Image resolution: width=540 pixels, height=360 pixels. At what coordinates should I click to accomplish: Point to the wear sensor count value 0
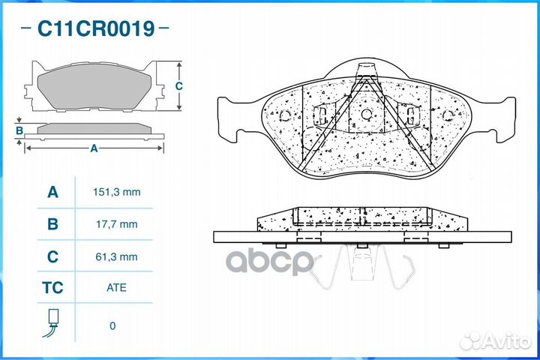(x=112, y=325)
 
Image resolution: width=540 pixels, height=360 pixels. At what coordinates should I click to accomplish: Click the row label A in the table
(x=52, y=192)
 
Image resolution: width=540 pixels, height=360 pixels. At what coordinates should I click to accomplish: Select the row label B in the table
(x=52, y=223)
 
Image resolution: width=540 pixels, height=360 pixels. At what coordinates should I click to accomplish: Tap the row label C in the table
(x=52, y=256)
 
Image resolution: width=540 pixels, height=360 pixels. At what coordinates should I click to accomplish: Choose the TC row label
(x=52, y=287)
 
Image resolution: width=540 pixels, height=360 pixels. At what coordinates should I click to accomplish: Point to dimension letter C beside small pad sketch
(x=179, y=85)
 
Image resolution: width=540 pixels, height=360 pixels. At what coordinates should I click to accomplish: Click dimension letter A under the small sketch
(x=94, y=148)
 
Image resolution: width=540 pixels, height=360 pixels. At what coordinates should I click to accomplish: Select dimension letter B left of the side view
(x=19, y=131)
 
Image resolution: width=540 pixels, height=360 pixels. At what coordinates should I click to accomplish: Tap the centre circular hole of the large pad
(x=367, y=115)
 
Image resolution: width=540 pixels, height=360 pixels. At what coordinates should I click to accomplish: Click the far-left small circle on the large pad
(x=285, y=115)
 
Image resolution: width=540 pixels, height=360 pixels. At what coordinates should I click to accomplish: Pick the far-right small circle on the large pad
(x=448, y=115)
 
